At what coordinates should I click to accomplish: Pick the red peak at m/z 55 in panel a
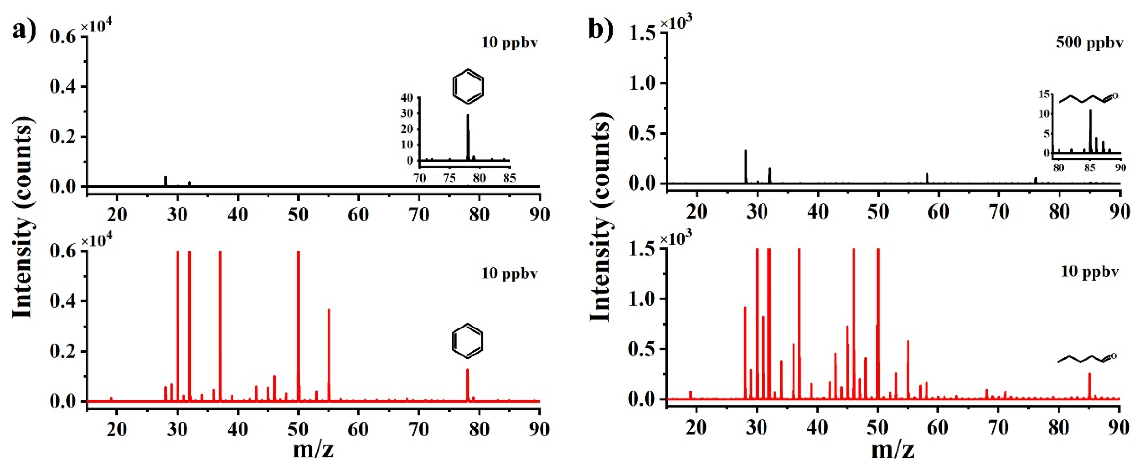coord(329,354)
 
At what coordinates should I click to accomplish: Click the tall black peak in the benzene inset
coord(468,137)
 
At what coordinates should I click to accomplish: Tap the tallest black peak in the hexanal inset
coord(1091,131)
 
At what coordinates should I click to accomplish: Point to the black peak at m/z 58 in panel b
coord(927,178)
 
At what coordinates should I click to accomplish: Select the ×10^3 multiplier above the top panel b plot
coord(676,22)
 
